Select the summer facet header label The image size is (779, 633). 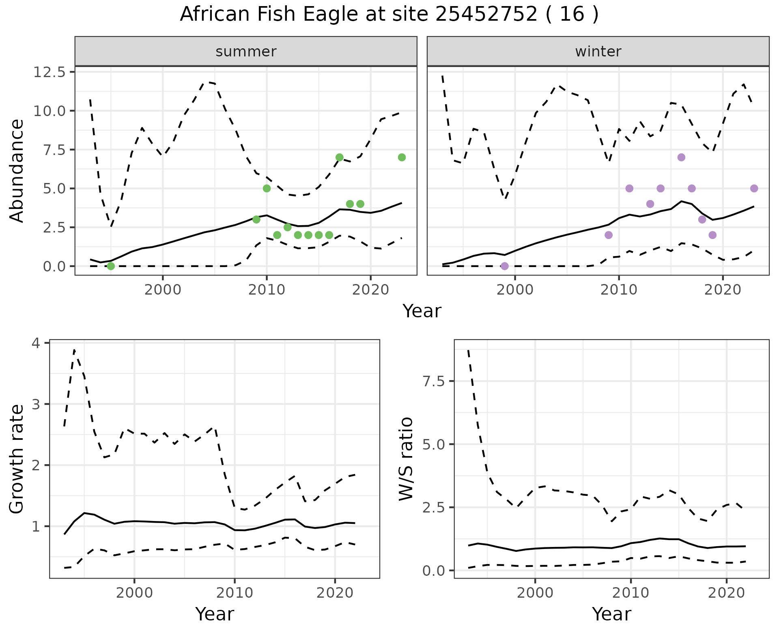pyautogui.click(x=246, y=52)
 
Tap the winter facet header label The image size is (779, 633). pyautogui.click(x=598, y=52)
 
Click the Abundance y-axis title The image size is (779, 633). pyautogui.click(x=17, y=170)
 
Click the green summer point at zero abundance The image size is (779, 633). pyautogui.click(x=111, y=266)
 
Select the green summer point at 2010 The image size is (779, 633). pyautogui.click(x=267, y=188)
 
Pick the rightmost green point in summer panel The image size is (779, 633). pyautogui.click(x=402, y=157)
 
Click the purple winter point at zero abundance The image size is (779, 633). pyautogui.click(x=504, y=266)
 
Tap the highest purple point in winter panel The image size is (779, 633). pyautogui.click(x=681, y=157)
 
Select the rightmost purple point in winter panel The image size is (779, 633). pyautogui.click(x=754, y=188)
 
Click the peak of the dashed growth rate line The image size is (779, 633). pyautogui.click(x=74, y=350)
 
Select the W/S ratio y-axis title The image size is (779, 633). pyautogui.click(x=406, y=459)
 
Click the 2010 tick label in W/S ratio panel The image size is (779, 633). pyautogui.click(x=630, y=593)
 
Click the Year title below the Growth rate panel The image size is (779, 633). pyautogui.click(x=214, y=614)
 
